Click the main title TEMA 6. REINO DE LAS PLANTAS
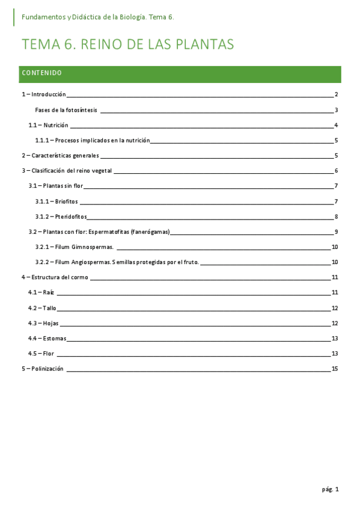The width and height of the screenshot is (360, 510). point(127,45)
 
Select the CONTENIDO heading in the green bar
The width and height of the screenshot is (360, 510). point(41,73)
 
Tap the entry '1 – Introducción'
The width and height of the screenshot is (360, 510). point(43,95)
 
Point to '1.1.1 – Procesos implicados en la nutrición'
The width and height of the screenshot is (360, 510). point(92,141)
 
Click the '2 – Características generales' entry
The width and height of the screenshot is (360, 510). point(60,156)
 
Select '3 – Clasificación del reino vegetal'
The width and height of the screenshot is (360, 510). point(67,171)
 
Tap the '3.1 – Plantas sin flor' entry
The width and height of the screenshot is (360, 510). point(56,186)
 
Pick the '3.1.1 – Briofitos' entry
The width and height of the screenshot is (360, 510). point(56,201)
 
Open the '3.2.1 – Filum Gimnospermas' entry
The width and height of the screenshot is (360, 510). point(75,247)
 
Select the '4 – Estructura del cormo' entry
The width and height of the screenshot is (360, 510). point(55,278)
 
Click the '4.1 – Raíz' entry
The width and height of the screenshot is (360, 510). point(41,293)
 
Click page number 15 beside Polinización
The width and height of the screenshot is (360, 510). point(335,369)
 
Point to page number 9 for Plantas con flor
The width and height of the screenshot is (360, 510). point(337,232)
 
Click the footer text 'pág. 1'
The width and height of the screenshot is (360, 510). point(330,490)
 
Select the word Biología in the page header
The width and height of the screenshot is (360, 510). point(132,17)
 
